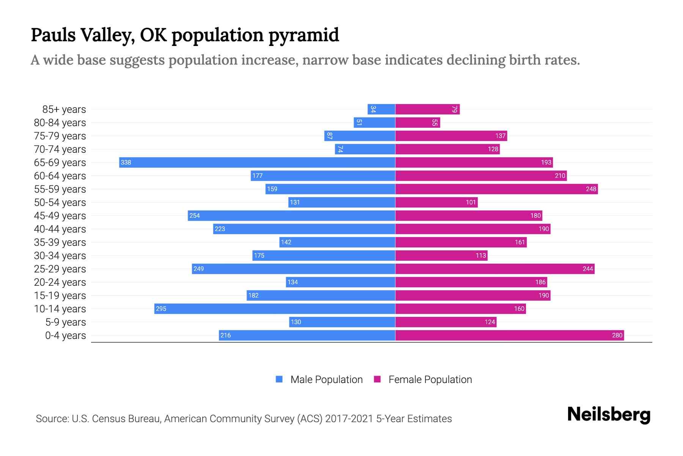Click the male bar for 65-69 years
point(257,162)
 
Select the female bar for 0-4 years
point(509,335)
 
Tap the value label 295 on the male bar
point(161,309)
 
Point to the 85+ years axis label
point(64,109)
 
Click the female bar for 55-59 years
point(496,189)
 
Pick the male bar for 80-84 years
point(375,122)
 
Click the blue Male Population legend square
point(279,379)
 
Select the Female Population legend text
point(430,379)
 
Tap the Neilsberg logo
point(609,415)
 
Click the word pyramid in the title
point(304,35)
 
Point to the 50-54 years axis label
point(60,203)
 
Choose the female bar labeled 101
point(436,202)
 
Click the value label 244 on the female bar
point(587,269)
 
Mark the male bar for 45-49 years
point(291,215)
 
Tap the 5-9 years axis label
point(66,322)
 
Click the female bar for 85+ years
point(427,109)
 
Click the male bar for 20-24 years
point(340,282)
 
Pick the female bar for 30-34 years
point(441,255)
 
